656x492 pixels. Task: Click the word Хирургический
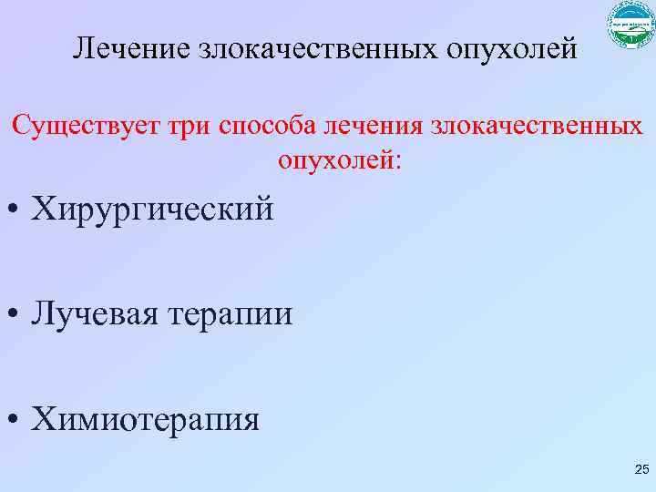coord(153,210)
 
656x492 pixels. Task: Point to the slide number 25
coord(641,470)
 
